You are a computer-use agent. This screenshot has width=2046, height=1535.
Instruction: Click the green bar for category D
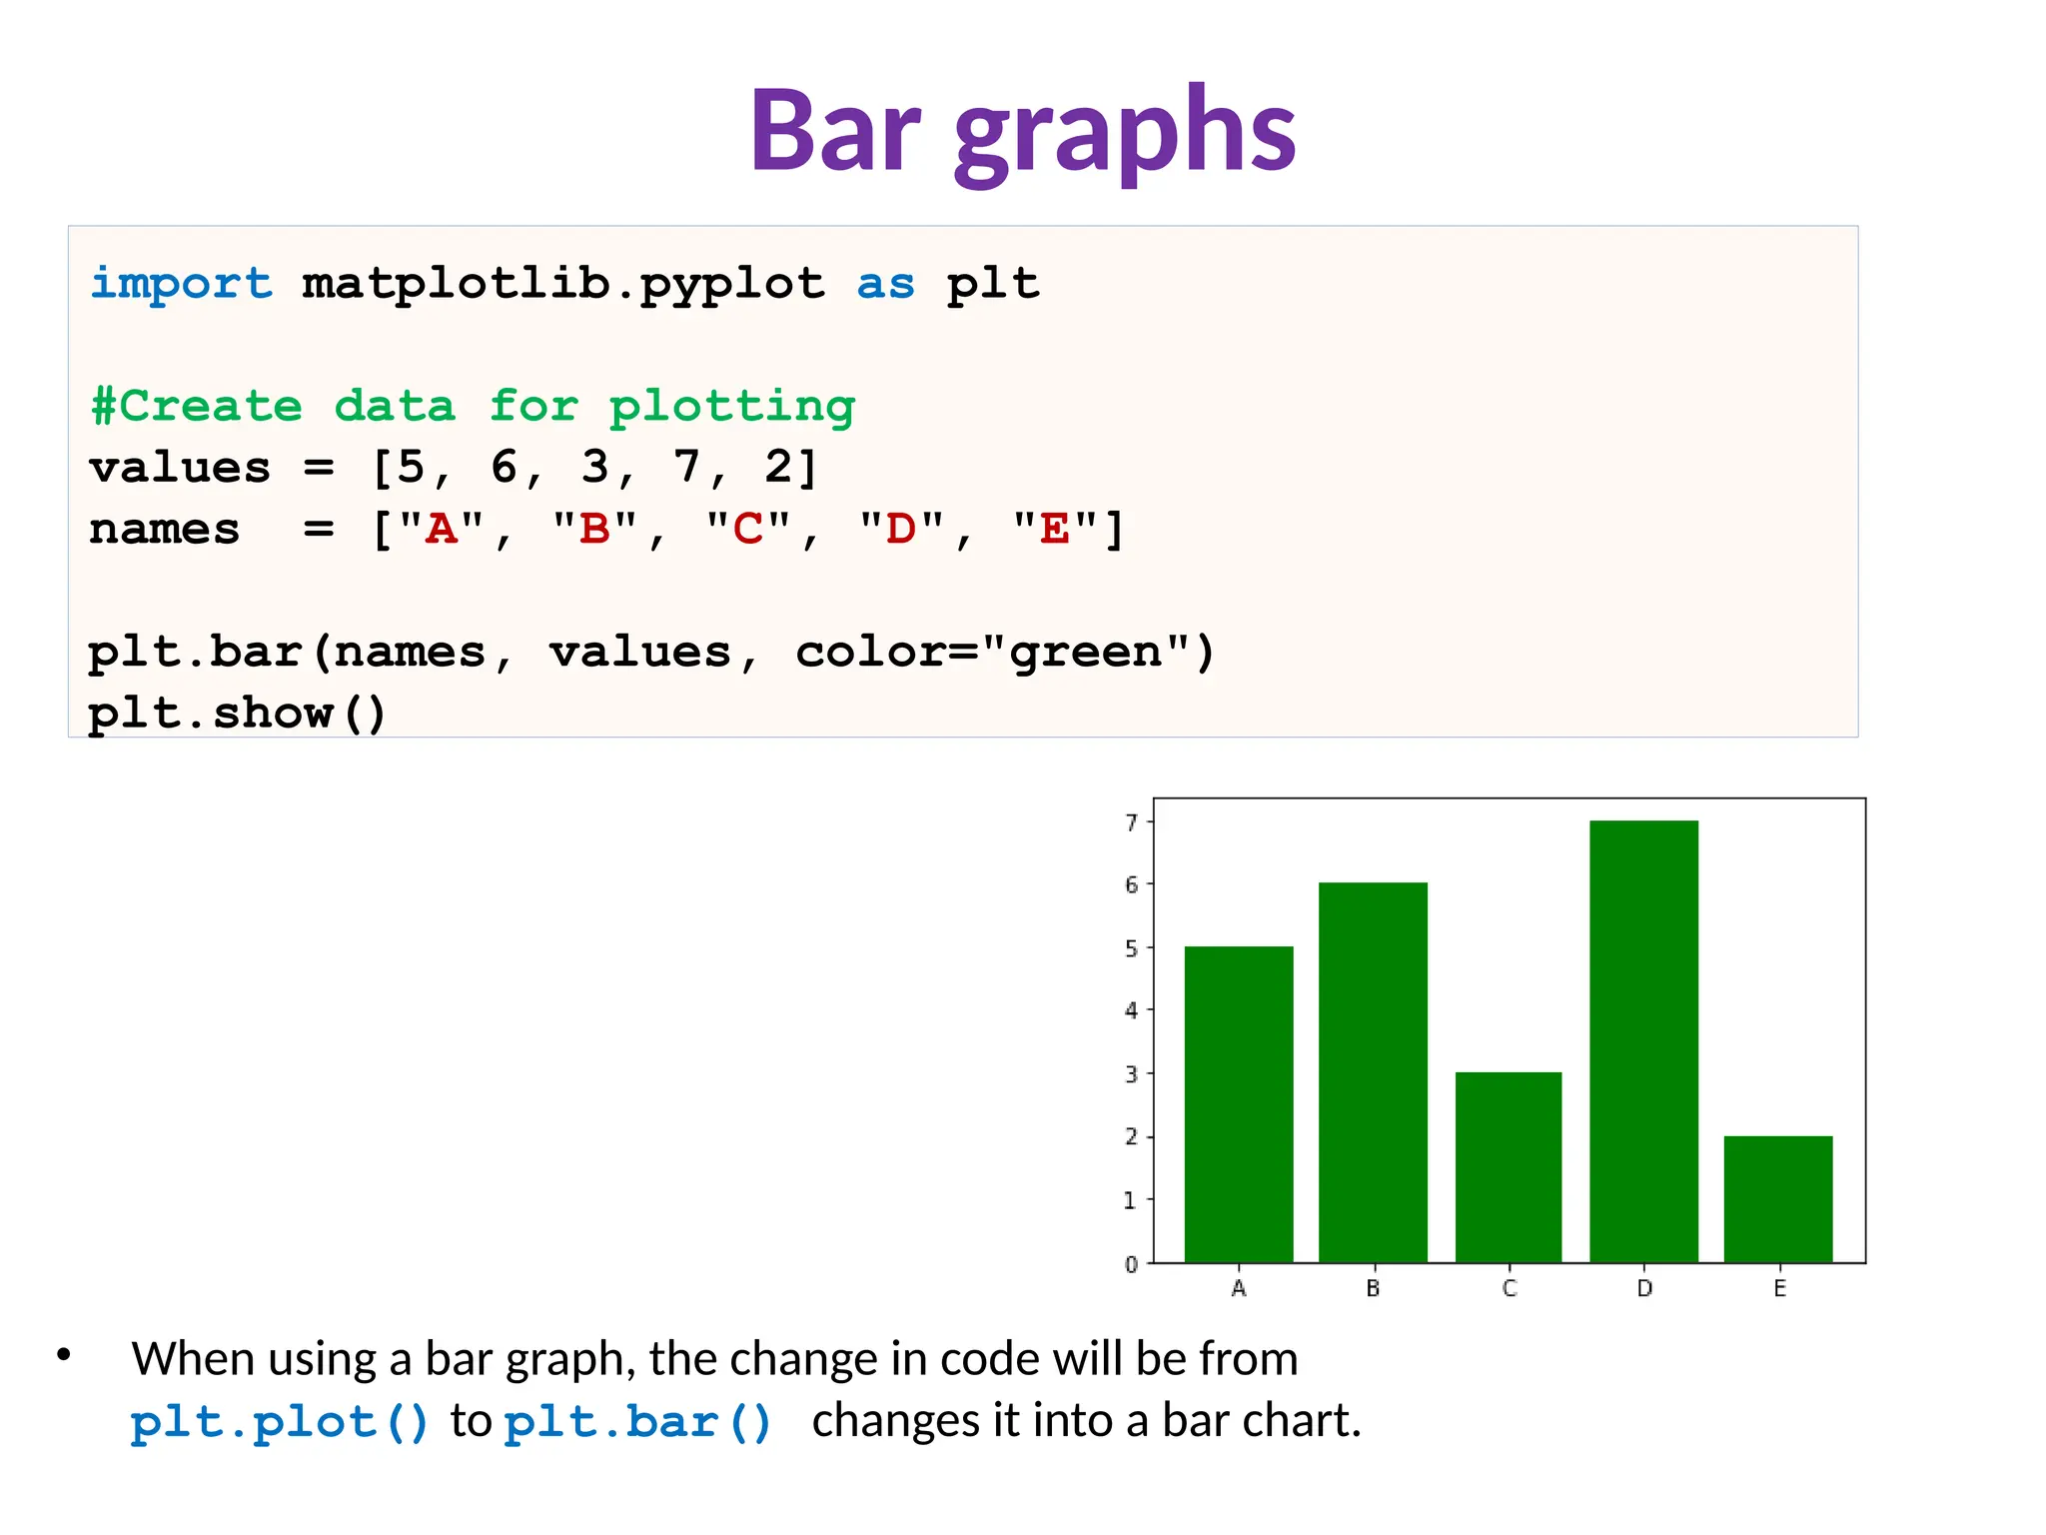[x=1643, y=1041]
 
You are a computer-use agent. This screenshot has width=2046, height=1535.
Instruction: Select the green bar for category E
[x=1778, y=1199]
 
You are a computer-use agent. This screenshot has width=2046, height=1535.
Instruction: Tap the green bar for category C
[x=1509, y=1167]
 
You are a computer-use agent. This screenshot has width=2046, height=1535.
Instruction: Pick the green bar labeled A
[x=1239, y=1104]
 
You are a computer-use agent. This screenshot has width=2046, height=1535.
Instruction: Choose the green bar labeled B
[x=1373, y=1072]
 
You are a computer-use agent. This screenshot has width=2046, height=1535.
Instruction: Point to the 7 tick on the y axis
[x=1132, y=822]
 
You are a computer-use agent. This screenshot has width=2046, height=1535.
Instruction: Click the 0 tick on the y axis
[x=1132, y=1264]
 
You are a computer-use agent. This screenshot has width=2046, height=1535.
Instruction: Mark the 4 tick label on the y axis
[x=1132, y=1010]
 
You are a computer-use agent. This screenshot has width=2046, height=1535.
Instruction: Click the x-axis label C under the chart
[x=1510, y=1288]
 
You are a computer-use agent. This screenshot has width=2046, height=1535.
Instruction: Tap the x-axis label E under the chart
[x=1779, y=1288]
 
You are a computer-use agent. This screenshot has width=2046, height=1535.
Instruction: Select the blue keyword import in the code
[x=181, y=284]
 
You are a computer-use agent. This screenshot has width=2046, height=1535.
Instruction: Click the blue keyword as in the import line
[x=885, y=285]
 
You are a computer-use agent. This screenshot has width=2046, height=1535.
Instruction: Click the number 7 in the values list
[x=686, y=467]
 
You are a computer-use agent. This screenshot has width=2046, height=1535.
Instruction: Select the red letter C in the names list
[x=747, y=529]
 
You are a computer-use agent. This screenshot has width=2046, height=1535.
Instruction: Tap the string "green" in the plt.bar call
[x=1085, y=652]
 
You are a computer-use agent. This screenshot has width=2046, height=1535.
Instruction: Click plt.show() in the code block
[x=237, y=713]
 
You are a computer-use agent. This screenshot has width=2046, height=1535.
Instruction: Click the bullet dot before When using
[x=64, y=1355]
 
